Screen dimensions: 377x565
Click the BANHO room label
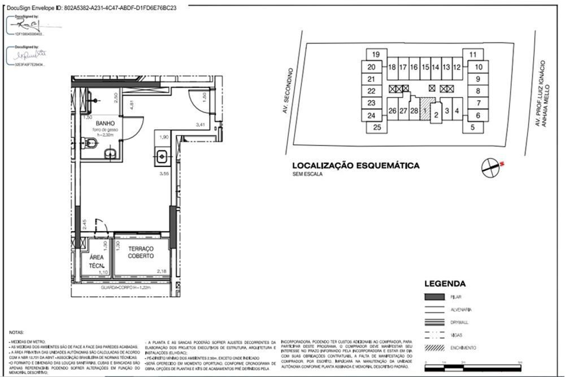[x=106, y=123]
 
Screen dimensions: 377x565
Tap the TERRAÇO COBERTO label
[x=141, y=252]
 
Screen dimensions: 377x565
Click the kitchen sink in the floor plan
[x=162, y=154]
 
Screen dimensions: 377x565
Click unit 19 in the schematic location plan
[x=376, y=55]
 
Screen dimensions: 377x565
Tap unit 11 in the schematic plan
[x=472, y=55]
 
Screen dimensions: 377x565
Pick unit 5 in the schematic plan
[x=472, y=128]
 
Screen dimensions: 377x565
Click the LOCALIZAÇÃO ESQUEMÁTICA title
[x=355, y=166]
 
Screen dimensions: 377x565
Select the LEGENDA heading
[x=445, y=284]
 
